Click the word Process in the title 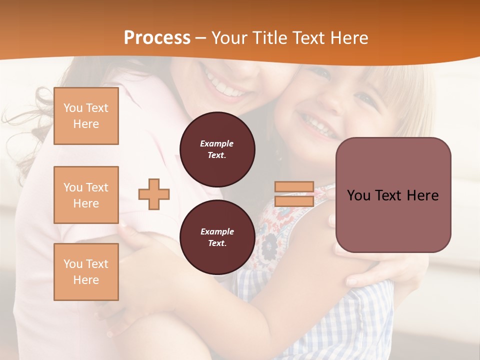pos(157,38)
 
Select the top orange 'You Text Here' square pos(86,116)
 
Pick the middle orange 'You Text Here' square pos(86,195)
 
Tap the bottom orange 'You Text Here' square pos(86,272)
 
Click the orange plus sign pos(154,194)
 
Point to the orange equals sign pos(294,194)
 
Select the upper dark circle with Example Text pos(217,149)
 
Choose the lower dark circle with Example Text pos(217,237)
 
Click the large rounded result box pos(393,195)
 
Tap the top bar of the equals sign pos(294,187)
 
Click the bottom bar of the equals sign pos(294,201)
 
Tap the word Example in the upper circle pos(217,143)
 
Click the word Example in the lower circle pos(217,231)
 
